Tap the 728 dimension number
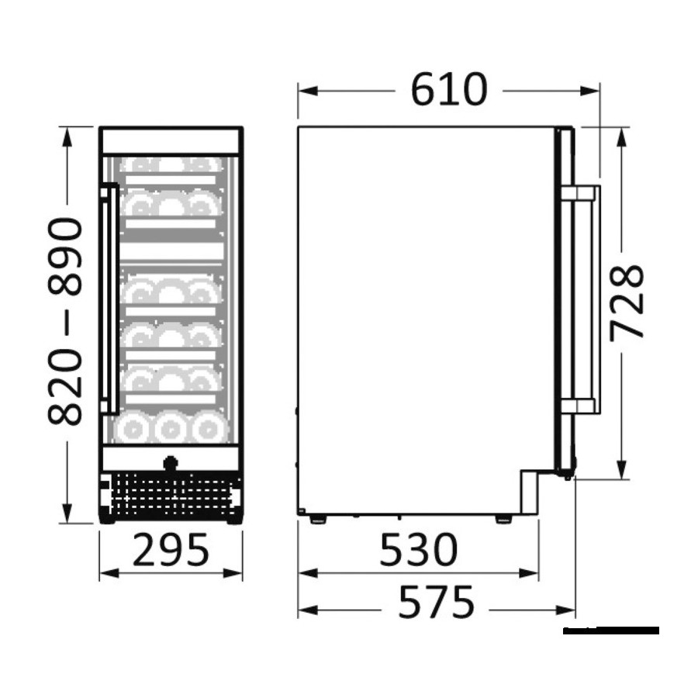pyautogui.click(x=627, y=302)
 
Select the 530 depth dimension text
pyautogui.click(x=419, y=549)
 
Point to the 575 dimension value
pyautogui.click(x=436, y=602)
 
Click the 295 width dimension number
pyautogui.click(x=171, y=549)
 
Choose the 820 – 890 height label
pyautogui.click(x=65, y=320)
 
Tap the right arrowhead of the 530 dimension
pyautogui.click(x=529, y=573)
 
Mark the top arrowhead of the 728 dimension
pyautogui.click(x=622, y=137)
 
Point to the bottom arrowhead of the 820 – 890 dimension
pyautogui.click(x=67, y=513)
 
